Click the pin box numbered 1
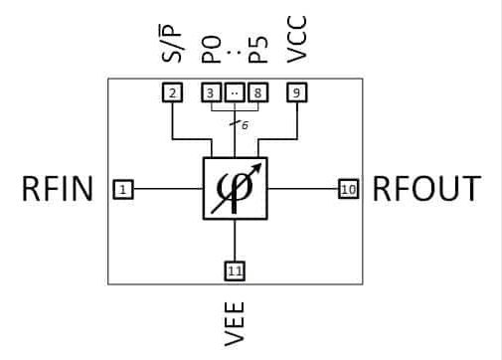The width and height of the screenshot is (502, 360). [121, 188]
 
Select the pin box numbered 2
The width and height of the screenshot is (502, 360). [172, 92]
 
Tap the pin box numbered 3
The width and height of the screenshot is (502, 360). [211, 92]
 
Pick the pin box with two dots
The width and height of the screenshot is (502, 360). [234, 92]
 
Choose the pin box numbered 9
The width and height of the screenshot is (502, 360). [297, 92]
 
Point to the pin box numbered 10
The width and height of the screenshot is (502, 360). [348, 188]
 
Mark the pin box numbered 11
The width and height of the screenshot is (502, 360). [235, 269]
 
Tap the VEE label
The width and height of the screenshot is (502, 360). [236, 323]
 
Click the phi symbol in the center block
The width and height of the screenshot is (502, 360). [233, 190]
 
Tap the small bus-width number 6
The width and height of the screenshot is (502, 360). [245, 125]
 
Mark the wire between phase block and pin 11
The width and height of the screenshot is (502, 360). [235, 239]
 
